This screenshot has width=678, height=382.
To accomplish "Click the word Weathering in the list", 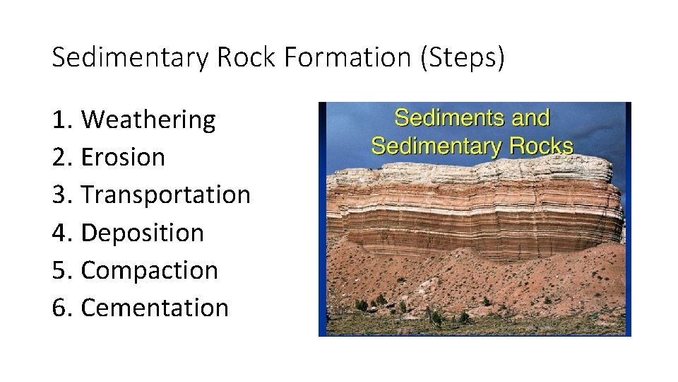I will tap(148, 120).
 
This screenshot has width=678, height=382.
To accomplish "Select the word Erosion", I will tap(123, 157).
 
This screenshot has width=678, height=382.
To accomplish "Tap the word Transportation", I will tap(166, 195).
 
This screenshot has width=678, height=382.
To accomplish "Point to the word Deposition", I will tap(143, 233).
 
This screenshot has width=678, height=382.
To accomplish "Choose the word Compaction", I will tap(150, 270).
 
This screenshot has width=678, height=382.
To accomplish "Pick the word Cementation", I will tap(155, 308).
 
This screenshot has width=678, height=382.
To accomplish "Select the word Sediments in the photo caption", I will tap(442, 117).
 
